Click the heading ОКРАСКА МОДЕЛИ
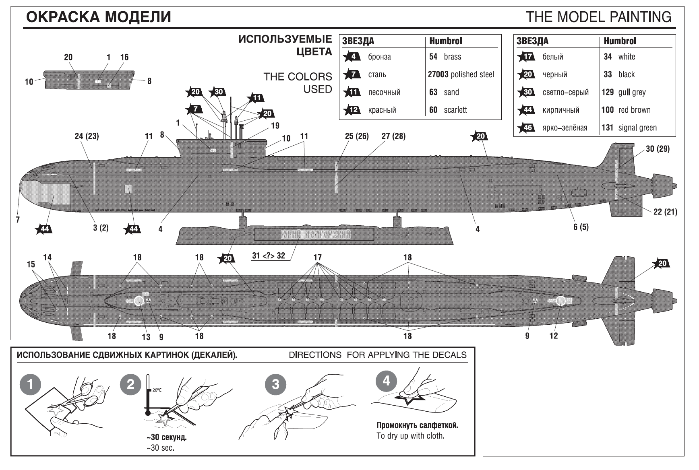99,17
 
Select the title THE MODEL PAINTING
598,17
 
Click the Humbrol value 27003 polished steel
461,74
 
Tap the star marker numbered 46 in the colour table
527,128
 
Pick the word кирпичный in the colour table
560,110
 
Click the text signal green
637,128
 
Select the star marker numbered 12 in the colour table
353,110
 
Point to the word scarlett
455,110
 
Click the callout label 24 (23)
87,136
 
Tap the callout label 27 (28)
393,136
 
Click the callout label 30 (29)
658,148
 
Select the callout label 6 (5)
581,227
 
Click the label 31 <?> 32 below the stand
269,256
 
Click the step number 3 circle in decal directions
275,384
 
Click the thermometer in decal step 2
148,394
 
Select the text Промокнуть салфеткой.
417,425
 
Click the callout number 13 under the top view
146,337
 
